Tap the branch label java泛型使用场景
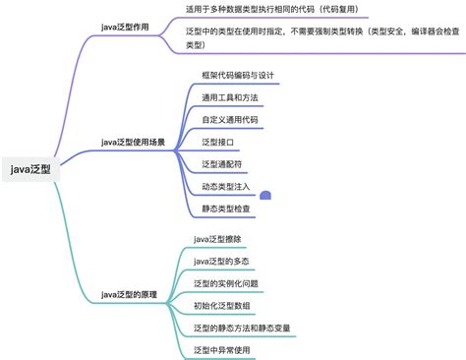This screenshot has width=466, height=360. tap(137, 141)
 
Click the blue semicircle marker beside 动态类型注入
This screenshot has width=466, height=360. tap(264, 197)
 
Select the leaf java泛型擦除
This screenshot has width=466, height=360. tap(217, 239)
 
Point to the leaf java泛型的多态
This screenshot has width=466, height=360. tap(222, 261)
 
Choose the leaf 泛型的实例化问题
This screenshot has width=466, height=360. tap(227, 283)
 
